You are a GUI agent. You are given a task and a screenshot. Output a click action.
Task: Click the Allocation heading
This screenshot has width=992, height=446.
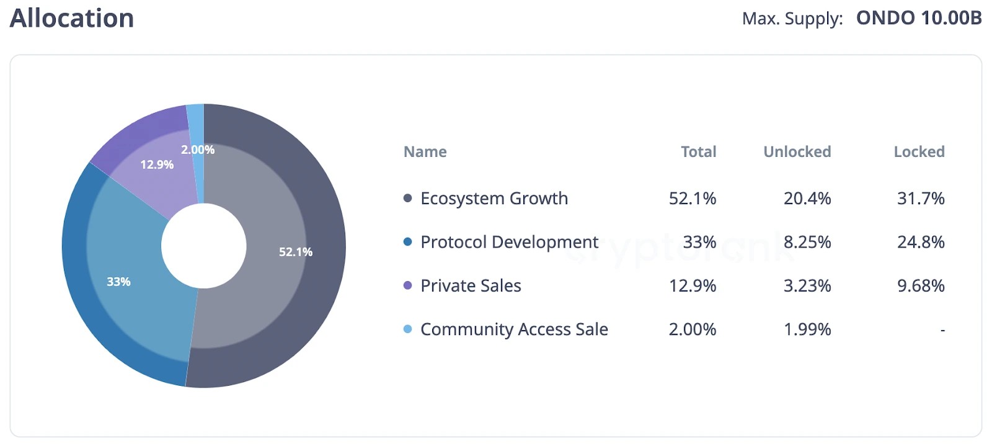[72, 18]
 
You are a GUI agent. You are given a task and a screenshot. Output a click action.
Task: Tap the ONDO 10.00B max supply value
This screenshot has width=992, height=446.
[918, 18]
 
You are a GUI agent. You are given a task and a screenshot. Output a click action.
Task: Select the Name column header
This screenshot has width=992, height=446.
[425, 152]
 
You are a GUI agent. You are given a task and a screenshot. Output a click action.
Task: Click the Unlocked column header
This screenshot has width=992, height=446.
[797, 152]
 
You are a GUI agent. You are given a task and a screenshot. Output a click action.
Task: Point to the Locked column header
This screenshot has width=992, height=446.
[919, 152]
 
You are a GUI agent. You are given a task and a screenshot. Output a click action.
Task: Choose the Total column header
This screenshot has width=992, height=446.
[698, 152]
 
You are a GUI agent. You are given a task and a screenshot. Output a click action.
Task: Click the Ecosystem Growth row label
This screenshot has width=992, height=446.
[494, 198]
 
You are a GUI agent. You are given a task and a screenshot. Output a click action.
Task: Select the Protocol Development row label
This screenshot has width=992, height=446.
[509, 242]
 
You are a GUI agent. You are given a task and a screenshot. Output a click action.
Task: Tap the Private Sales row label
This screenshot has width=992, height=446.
[471, 286]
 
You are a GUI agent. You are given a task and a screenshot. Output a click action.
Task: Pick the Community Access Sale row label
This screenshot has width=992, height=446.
[514, 329]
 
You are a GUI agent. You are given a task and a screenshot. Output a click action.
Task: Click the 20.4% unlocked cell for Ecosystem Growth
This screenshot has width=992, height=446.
[807, 198]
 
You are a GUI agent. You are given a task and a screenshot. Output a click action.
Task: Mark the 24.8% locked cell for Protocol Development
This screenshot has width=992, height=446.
[921, 242]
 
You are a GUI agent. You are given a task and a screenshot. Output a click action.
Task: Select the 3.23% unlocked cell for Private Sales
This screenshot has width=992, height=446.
[807, 286]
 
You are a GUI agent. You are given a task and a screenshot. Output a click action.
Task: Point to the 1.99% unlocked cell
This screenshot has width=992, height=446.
[807, 329]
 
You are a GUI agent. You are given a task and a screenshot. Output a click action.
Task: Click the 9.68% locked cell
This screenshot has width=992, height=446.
[921, 286]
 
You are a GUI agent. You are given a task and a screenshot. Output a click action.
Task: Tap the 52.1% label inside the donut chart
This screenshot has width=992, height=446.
[296, 252]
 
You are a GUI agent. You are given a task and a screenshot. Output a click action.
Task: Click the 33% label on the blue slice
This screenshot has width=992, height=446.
[118, 282]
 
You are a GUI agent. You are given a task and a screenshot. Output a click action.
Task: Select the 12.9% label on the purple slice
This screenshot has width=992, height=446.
[157, 164]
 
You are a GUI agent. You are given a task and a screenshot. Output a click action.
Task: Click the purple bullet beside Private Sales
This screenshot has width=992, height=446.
[407, 285]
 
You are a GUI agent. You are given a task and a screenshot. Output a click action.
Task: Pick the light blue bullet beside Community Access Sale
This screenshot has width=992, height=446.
[407, 329]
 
